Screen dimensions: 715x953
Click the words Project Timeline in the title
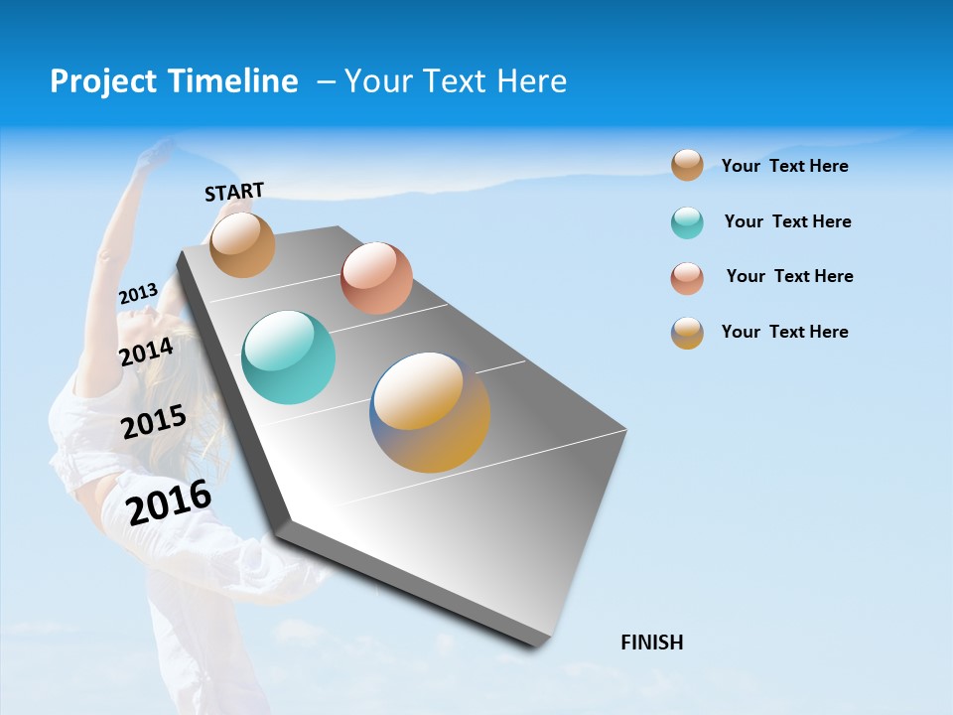pos(174,81)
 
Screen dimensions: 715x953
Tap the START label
pos(234,192)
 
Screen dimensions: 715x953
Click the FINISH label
pos(652,643)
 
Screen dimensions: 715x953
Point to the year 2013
pos(138,294)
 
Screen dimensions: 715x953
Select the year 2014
pos(147,352)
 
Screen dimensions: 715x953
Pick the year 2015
pos(154,421)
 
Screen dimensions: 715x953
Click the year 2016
pos(169,501)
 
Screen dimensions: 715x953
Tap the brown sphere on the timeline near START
pos(243,244)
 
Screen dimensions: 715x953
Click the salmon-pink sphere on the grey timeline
pos(376,278)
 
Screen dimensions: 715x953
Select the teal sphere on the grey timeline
pos(289,357)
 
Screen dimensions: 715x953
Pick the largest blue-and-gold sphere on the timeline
pos(430,412)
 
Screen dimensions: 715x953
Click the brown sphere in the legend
pos(687,165)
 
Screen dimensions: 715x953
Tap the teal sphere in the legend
pos(687,222)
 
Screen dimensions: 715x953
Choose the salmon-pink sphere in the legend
pos(687,278)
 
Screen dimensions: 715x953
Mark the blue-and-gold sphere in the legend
pos(687,333)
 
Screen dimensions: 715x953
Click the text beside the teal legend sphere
pos(787,221)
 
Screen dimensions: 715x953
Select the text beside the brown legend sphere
pos(784,166)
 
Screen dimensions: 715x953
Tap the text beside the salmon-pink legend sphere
pos(789,276)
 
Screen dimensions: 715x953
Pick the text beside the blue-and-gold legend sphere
pos(784,332)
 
